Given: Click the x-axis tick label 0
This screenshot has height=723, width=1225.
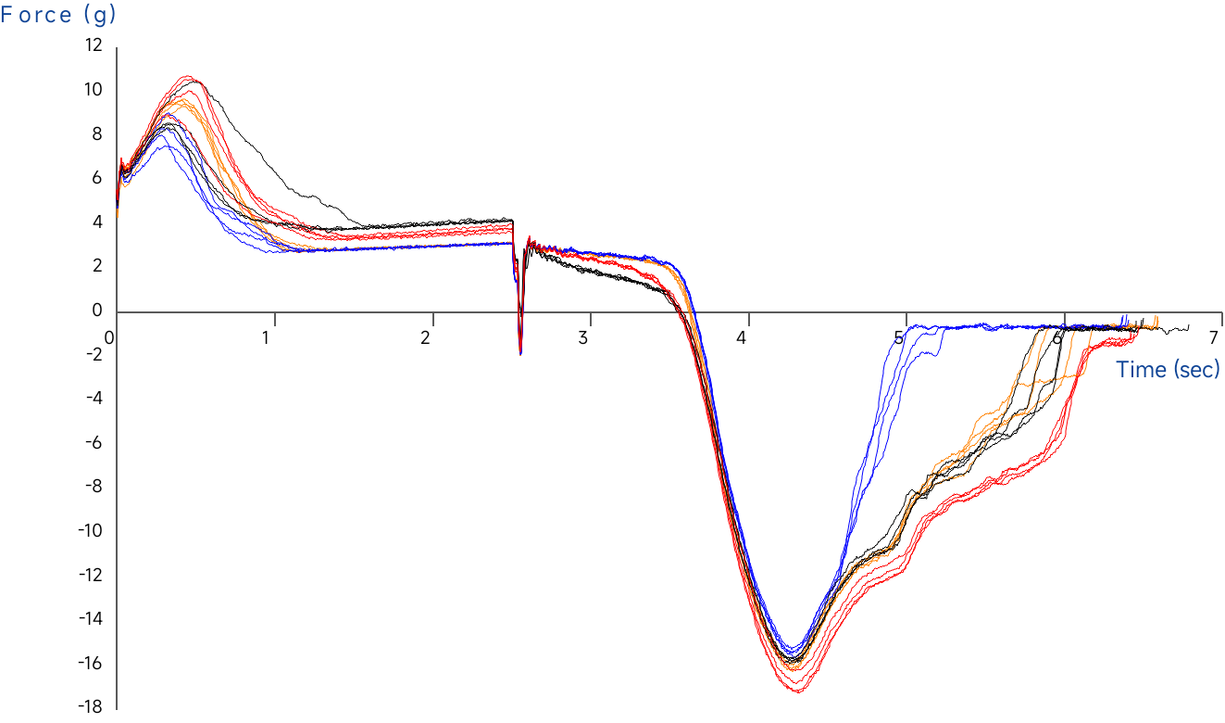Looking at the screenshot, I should [x=109, y=337].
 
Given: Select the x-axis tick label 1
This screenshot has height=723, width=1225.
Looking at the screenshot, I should [x=268, y=338].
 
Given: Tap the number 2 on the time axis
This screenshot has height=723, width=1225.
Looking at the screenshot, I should [x=426, y=338].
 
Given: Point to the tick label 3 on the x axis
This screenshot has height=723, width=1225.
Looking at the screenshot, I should [x=583, y=338].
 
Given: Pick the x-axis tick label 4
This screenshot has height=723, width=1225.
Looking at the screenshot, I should [x=742, y=338].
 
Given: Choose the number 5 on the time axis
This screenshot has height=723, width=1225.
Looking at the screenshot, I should [x=899, y=338].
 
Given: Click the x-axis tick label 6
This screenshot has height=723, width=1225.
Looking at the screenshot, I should [x=1057, y=338].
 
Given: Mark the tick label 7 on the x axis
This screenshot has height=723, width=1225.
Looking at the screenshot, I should [x=1215, y=338].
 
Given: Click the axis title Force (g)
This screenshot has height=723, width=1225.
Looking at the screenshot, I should [x=59, y=15].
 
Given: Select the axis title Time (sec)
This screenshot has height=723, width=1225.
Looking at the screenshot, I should [x=1168, y=369].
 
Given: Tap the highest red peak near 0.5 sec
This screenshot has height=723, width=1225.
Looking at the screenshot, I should [x=188, y=77].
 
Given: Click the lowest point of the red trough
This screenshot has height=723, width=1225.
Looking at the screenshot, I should [x=798, y=691].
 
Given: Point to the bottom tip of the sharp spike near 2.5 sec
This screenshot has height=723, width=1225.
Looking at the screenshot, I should [x=520, y=353].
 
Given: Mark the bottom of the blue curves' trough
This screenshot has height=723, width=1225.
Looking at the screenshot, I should [x=792, y=650].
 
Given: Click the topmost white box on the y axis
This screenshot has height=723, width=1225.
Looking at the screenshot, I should [x=116, y=46].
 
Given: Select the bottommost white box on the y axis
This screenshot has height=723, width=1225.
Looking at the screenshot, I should [x=119, y=708].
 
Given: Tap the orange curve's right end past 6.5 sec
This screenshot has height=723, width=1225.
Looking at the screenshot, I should [x=1156, y=319].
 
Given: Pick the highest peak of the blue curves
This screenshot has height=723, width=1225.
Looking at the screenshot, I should [x=167, y=115].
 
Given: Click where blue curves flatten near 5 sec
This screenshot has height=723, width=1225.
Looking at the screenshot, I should [x=912, y=326].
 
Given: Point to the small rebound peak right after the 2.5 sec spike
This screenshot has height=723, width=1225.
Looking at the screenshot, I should [x=529, y=238].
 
